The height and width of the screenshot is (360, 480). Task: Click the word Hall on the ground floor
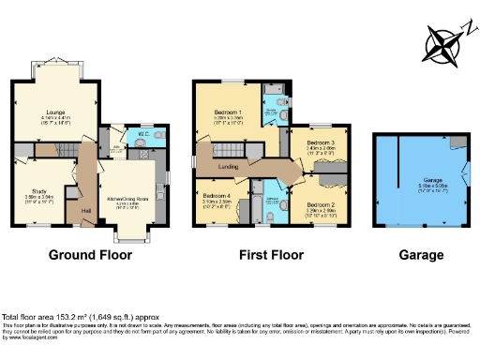click(86, 212)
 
